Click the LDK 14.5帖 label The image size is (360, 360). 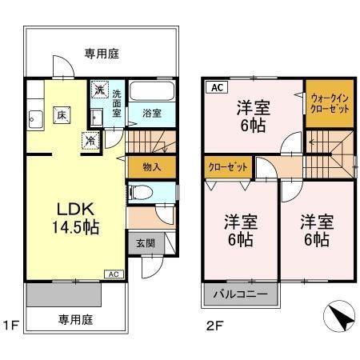pyautogui.click(x=77, y=218)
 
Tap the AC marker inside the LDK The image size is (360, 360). pyautogui.click(x=112, y=274)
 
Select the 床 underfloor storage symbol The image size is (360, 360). pyautogui.click(x=61, y=116)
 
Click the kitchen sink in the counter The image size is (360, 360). pyautogui.click(x=35, y=122)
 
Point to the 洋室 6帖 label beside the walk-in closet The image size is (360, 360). pyautogui.click(x=252, y=117)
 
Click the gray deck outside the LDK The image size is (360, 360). pyautogui.click(x=64, y=295)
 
